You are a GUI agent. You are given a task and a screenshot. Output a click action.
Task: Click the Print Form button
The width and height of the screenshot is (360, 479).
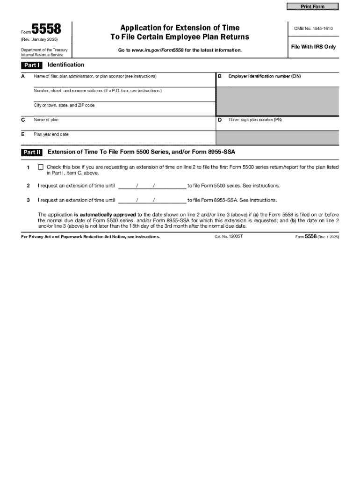point(312,7)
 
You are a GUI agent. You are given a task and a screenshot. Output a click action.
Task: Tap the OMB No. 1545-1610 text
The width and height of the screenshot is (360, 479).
point(313,29)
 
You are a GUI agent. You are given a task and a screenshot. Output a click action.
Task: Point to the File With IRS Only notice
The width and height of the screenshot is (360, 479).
point(313,47)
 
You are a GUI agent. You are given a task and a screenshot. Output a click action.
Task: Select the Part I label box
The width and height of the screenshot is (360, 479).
point(32,65)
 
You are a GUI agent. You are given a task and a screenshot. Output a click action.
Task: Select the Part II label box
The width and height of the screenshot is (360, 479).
point(32,152)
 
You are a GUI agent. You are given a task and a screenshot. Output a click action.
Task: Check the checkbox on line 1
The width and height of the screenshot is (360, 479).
point(41,167)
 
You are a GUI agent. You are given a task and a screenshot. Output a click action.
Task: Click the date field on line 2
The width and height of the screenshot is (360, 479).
point(152,186)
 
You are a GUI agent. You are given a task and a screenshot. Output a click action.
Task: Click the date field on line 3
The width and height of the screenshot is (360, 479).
point(152,200)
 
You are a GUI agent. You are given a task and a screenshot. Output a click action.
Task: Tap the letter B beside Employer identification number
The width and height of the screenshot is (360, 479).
point(219,76)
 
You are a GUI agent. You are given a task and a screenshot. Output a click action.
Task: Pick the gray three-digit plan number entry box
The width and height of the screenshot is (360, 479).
point(277,138)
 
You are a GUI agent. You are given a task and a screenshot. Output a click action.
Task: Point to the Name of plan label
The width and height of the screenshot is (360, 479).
point(46,120)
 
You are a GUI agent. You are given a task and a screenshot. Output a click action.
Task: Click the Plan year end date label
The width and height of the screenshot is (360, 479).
point(51,134)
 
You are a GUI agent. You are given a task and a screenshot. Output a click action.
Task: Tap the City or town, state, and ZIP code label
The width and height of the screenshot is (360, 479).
point(64,105)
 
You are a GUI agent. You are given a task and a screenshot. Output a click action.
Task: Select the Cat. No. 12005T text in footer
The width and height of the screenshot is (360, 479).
point(229,237)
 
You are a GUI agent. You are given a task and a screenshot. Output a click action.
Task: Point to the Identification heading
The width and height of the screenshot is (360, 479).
point(66,65)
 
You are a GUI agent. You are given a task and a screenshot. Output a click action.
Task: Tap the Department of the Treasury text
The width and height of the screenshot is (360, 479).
point(44,50)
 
